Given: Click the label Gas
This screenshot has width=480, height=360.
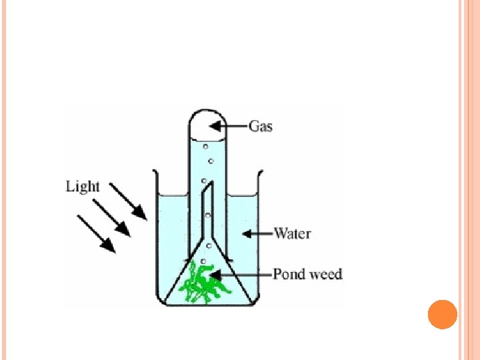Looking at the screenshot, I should click(x=261, y=125).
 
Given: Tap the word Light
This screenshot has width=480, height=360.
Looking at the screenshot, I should click(x=83, y=186).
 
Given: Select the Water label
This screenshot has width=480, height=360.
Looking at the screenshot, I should click(x=293, y=233).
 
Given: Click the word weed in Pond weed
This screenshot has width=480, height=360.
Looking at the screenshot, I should click(x=326, y=273).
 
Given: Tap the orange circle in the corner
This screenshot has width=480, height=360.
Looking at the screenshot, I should click(x=442, y=314).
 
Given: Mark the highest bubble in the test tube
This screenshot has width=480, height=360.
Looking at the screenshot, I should click(x=206, y=146).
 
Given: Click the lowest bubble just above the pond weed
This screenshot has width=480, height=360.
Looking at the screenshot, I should click(x=203, y=261).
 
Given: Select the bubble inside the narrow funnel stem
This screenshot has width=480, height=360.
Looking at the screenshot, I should click(x=208, y=215).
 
